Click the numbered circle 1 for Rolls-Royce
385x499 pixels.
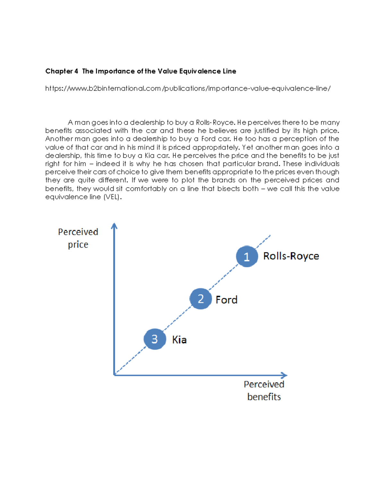coord(247,256)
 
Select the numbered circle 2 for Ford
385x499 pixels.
coord(201,299)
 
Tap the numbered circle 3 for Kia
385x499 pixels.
coord(155,339)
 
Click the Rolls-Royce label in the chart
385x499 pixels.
coord(291,256)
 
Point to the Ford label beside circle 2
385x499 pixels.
coord(227,300)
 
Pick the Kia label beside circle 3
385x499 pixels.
coord(179,340)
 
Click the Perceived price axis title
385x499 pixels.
coord(78,238)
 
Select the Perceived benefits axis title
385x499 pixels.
coord(264,390)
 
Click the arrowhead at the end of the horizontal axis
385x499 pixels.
coord(284,375)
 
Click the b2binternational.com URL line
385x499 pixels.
coord(188,88)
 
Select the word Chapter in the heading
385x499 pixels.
coord(59,71)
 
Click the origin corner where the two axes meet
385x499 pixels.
coord(115,375)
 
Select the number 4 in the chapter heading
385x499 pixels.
coord(76,71)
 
